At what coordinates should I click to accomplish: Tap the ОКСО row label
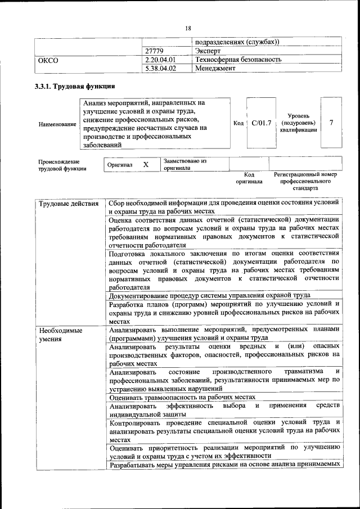(47, 60)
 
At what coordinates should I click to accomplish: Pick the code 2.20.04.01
(160, 60)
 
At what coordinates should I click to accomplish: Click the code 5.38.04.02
(160, 68)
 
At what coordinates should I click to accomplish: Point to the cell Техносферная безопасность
(238, 60)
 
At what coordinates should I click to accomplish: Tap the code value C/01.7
(262, 123)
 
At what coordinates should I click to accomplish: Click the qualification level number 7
(331, 123)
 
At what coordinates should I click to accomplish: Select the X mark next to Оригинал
(146, 165)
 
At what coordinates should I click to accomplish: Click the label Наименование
(57, 124)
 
